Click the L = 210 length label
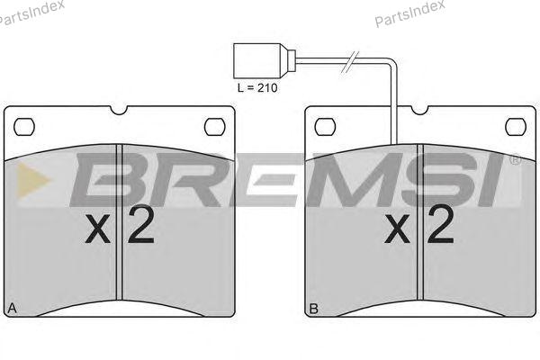[x=256, y=88]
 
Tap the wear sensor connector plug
[x=264, y=61]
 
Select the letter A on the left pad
[x=12, y=308]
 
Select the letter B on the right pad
[x=314, y=309]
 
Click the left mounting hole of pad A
[x=24, y=127]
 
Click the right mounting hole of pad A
[x=214, y=127]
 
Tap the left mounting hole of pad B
[x=326, y=127]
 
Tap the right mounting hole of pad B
[x=516, y=127]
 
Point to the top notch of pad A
[x=119, y=110]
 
